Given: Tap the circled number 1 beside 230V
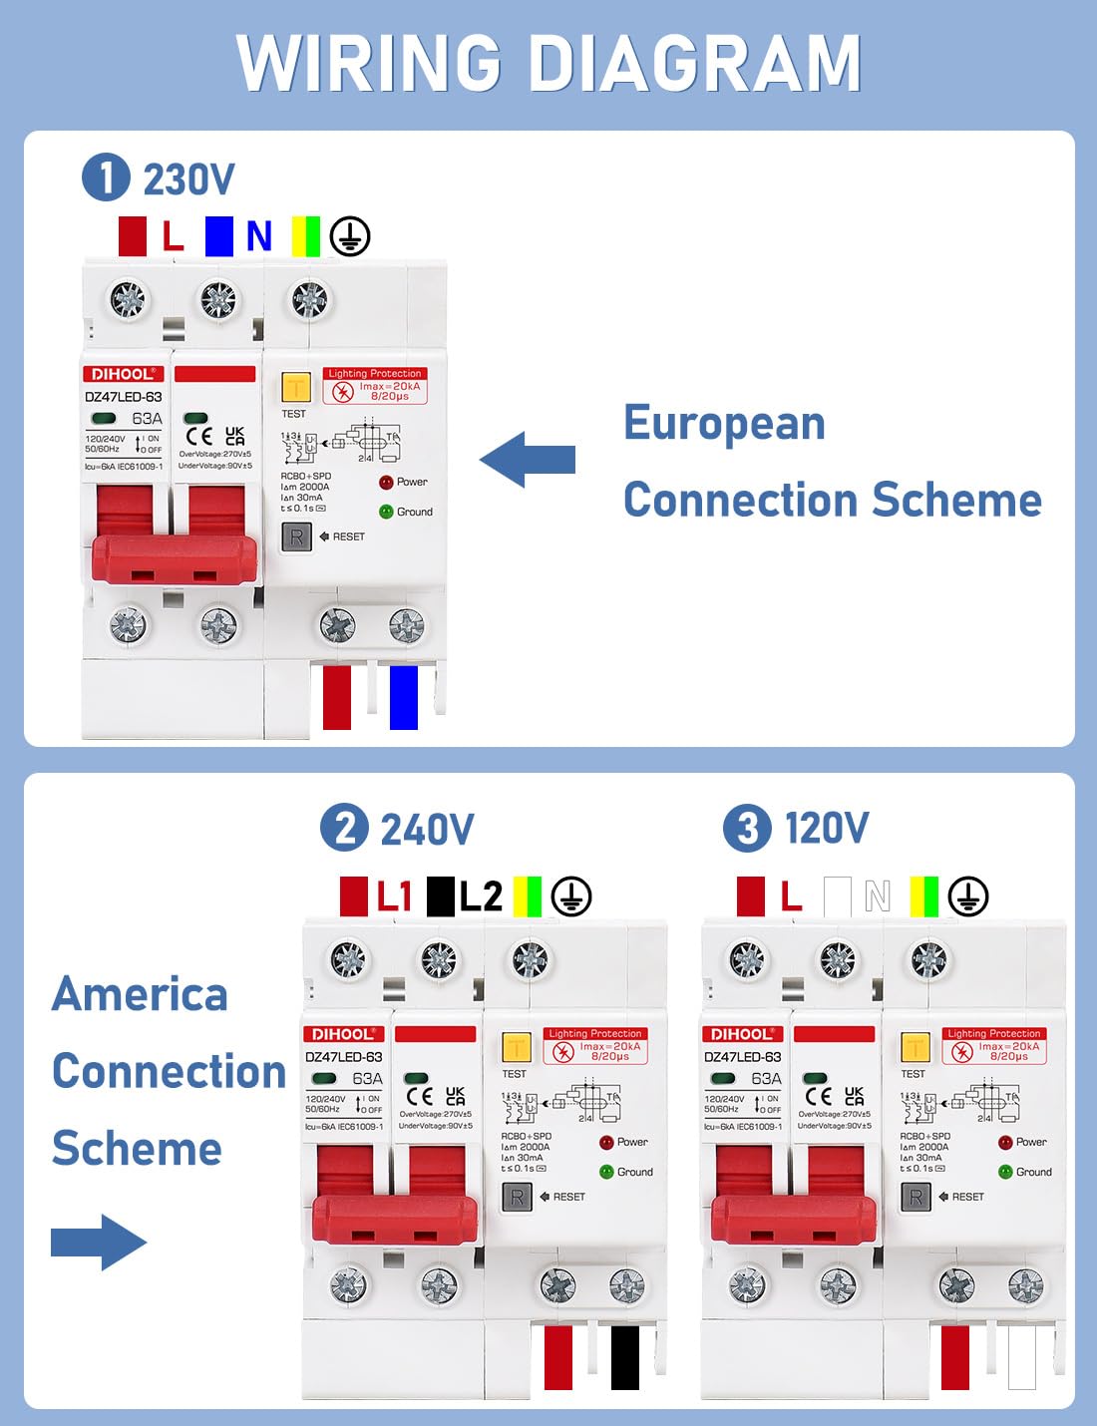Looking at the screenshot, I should pyautogui.click(x=106, y=178).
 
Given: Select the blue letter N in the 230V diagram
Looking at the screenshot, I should pyautogui.click(x=258, y=236).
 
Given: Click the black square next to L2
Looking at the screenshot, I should pyautogui.click(x=440, y=895).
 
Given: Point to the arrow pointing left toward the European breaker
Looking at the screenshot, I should pyautogui.click(x=528, y=460).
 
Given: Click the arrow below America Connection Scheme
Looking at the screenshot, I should pyautogui.click(x=99, y=1242).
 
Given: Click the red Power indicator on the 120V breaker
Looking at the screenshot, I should pyautogui.click(x=1005, y=1142).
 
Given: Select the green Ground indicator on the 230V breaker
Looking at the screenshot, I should pyautogui.click(x=386, y=512).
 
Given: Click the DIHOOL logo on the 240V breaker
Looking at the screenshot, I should pyautogui.click(x=343, y=1034).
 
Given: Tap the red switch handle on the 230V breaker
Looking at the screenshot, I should pyautogui.click(x=174, y=557).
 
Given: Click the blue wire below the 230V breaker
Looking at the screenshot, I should pyautogui.click(x=403, y=697).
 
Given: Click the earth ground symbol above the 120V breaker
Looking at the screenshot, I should pyautogui.click(x=967, y=895).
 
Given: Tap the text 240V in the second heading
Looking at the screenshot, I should pyautogui.click(x=427, y=830).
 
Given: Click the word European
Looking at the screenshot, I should pyautogui.click(x=724, y=423).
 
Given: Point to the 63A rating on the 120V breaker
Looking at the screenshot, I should pyautogui.click(x=766, y=1078).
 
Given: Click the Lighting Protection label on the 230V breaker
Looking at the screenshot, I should pyautogui.click(x=375, y=374).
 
